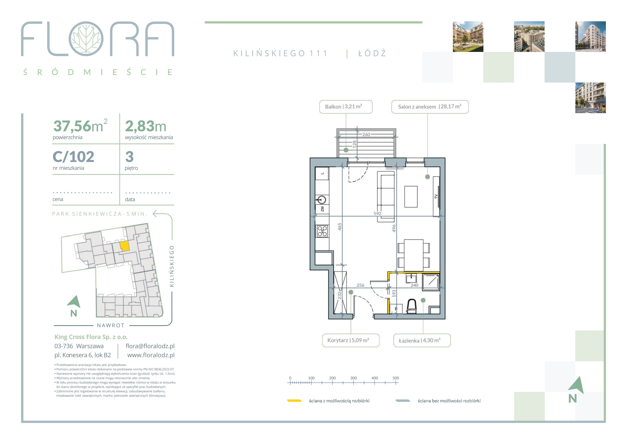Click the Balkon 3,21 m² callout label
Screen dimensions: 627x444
click(x=346, y=107)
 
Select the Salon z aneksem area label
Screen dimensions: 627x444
click(x=430, y=107)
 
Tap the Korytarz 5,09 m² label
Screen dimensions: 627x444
click(x=351, y=340)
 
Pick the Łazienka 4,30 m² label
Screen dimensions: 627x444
click(x=422, y=340)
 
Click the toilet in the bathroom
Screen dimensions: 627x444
click(x=412, y=306)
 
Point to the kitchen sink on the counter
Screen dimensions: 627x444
click(x=322, y=200)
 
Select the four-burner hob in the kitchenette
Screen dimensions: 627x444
click(x=322, y=231)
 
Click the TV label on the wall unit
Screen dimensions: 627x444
click(x=436, y=196)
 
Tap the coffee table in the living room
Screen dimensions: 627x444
click(x=411, y=197)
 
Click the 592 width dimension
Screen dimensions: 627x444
click(x=377, y=214)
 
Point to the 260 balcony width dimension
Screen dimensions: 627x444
click(x=366, y=134)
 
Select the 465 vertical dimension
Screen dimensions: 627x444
click(x=340, y=227)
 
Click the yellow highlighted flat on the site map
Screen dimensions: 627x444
click(x=125, y=246)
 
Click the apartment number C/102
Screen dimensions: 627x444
click(x=73, y=157)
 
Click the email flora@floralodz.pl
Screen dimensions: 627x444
click(x=150, y=346)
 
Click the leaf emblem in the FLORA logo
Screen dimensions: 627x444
click(x=86, y=38)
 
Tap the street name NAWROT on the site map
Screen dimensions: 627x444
click(x=111, y=325)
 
